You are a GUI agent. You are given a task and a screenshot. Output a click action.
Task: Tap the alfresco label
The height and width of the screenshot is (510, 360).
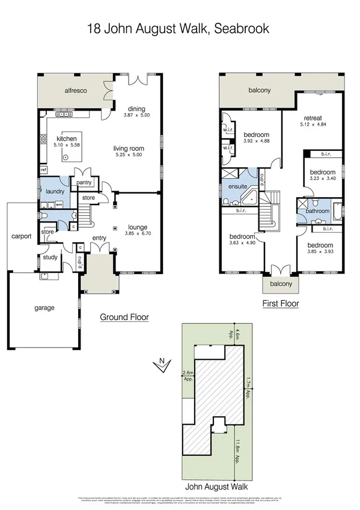click(x=78, y=91)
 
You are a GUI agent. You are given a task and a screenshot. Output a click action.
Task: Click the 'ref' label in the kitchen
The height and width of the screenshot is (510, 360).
click(x=44, y=170)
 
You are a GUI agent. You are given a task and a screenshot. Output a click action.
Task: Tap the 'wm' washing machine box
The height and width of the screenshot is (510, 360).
click(x=59, y=205)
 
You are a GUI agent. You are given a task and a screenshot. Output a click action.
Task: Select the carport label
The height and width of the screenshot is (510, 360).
click(x=21, y=236)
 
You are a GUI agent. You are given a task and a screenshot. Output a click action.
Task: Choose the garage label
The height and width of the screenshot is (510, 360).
click(x=44, y=308)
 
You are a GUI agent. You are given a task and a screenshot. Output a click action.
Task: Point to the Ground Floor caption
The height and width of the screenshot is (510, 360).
click(x=124, y=317)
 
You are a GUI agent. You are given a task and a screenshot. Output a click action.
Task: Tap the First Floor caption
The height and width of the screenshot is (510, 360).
click(x=281, y=304)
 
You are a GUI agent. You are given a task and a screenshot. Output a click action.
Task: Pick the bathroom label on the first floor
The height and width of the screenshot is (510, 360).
click(x=317, y=211)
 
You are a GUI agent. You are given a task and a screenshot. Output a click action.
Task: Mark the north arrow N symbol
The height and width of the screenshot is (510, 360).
click(x=160, y=363)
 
